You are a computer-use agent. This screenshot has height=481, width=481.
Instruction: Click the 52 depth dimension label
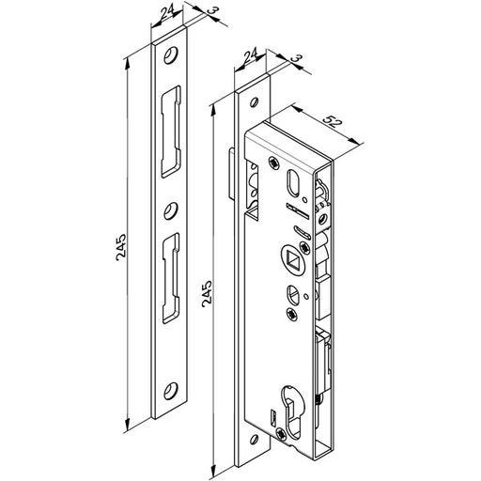click(332, 121)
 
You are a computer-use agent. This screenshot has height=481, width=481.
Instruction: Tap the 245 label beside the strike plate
click(121, 247)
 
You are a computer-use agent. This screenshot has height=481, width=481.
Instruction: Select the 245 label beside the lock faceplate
click(207, 294)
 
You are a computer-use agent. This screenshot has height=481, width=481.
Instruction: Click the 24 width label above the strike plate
click(167, 13)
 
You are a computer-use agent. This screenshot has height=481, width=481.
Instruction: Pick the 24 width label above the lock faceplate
click(251, 54)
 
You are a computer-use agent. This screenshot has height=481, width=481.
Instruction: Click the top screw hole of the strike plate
click(170, 55)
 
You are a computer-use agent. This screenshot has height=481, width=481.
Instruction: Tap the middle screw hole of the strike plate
click(171, 210)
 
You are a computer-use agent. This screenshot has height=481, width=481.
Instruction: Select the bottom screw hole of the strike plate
click(171, 391)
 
